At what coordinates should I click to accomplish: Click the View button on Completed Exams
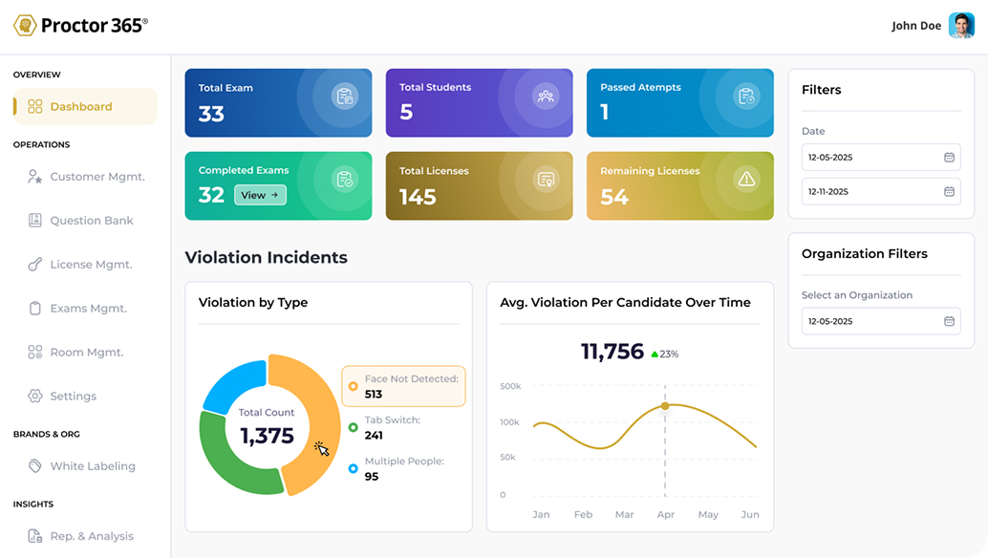click(x=260, y=195)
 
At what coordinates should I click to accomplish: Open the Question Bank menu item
click(x=80, y=221)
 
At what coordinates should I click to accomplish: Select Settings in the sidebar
click(x=62, y=397)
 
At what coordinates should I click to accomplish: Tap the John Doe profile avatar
click(x=961, y=26)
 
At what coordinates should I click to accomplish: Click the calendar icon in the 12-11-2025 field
click(x=949, y=191)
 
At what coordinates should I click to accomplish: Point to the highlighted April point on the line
click(x=665, y=406)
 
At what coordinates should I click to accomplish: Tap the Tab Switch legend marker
click(x=353, y=428)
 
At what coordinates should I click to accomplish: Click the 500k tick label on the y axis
click(x=510, y=386)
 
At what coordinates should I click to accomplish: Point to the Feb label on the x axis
click(x=583, y=515)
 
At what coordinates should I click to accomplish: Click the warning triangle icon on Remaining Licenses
click(x=746, y=180)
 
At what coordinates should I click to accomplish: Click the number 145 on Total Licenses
click(x=418, y=197)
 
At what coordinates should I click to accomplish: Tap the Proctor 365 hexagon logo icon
click(x=25, y=25)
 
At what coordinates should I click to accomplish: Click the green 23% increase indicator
click(x=665, y=354)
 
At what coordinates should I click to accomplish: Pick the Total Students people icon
click(x=546, y=97)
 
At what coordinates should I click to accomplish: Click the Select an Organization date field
click(x=881, y=321)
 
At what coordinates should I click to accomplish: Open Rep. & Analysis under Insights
click(x=80, y=536)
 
